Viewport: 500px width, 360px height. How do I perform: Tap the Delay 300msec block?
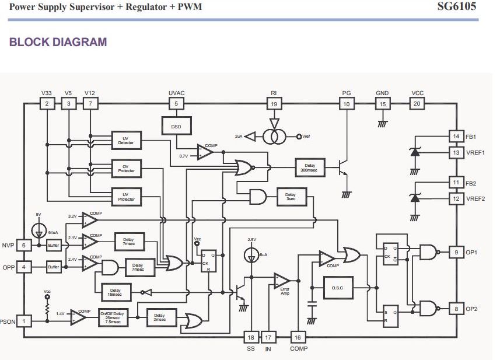(x=309, y=167)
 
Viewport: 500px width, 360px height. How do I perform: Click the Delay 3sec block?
(x=290, y=197)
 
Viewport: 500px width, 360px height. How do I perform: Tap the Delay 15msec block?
(x=115, y=292)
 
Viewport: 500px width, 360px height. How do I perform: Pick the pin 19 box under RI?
(x=274, y=104)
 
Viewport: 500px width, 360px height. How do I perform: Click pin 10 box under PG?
(x=347, y=104)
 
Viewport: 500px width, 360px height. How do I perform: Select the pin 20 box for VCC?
(x=417, y=104)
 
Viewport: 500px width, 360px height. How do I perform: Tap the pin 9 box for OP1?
(x=456, y=252)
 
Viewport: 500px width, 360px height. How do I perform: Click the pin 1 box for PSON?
(x=24, y=320)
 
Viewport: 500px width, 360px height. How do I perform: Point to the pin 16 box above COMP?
(x=298, y=337)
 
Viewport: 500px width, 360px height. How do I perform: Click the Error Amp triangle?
(x=281, y=281)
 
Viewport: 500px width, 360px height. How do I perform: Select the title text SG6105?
(x=457, y=7)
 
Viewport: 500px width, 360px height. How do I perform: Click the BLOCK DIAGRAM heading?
(x=58, y=42)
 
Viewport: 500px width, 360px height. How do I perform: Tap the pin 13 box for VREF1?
(x=456, y=152)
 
